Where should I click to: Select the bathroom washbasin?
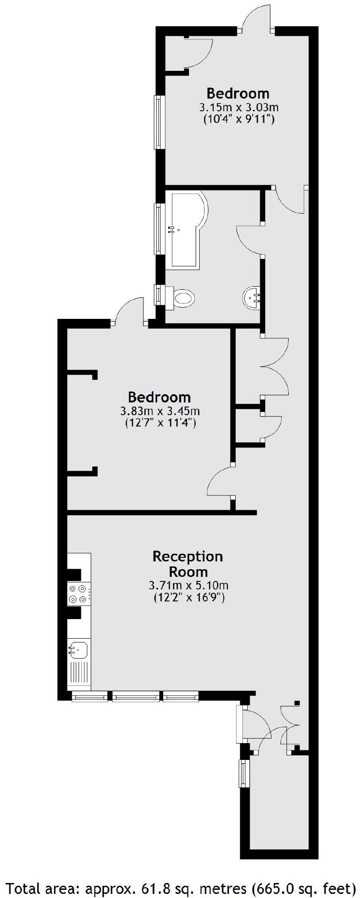[252, 297]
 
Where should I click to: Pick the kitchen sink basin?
[78, 650]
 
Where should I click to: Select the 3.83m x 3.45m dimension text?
[160, 412]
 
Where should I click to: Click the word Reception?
[188, 556]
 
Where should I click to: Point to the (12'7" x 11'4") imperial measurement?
[160, 424]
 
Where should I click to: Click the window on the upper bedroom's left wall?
[158, 122]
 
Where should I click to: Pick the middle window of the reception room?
[136, 696]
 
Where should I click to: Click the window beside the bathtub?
[158, 229]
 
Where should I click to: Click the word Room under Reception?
[188, 571]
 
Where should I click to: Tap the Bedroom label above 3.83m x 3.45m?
[159, 397]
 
